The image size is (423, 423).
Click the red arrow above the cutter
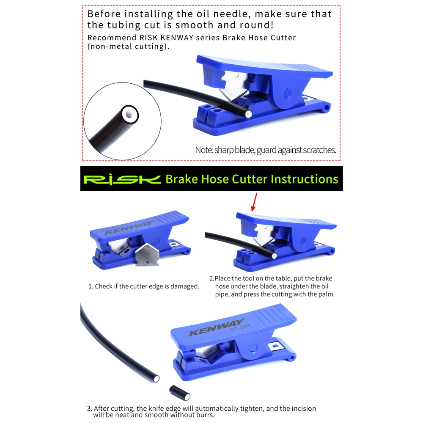[254, 202]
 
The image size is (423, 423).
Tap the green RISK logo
[122, 179]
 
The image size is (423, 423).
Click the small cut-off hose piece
[180, 393]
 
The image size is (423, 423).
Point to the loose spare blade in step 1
[147, 254]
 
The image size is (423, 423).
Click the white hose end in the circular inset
[129, 114]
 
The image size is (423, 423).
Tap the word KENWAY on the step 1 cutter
[129, 228]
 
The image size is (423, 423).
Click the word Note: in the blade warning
[204, 150]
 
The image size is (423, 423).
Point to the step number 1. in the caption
[91, 286]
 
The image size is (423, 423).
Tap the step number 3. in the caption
[90, 409]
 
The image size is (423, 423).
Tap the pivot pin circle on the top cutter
[287, 93]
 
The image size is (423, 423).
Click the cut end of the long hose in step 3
[156, 379]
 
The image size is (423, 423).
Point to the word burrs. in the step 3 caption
[205, 415]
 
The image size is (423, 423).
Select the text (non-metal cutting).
[129, 47]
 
